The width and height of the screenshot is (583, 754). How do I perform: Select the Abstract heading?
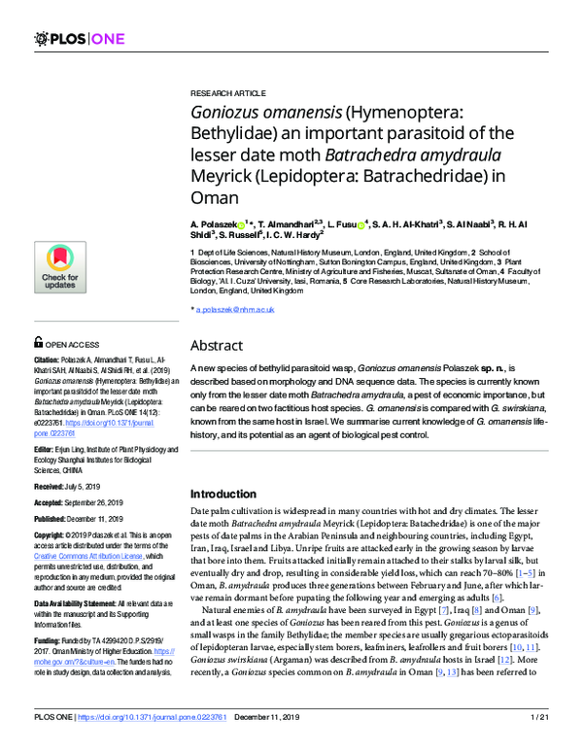click(x=217, y=345)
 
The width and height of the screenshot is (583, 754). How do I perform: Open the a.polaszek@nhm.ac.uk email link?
click(x=235, y=309)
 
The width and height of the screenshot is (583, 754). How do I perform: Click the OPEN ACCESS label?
click(x=71, y=343)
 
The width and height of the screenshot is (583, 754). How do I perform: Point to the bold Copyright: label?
click(x=54, y=531)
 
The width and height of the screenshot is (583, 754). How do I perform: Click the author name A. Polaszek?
click(x=216, y=223)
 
